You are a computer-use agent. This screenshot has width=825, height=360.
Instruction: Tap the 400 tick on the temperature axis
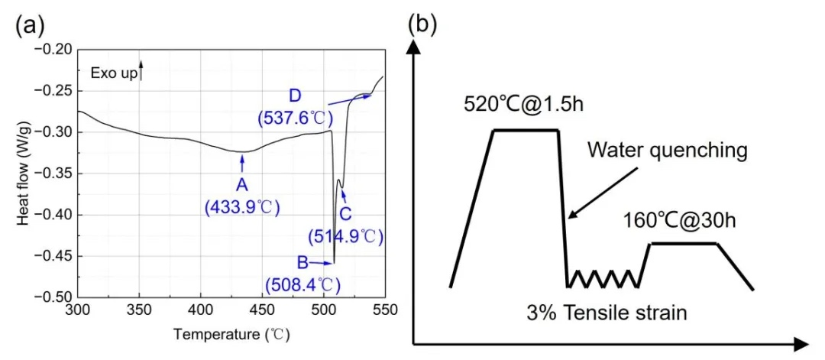(200, 311)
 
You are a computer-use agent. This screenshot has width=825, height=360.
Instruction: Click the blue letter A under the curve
(243, 184)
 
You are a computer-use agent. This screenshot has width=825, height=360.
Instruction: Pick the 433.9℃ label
(243, 207)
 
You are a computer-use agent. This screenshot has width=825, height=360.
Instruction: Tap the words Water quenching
(667, 150)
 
